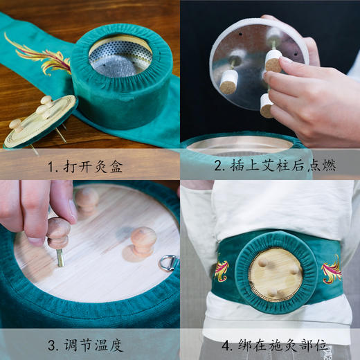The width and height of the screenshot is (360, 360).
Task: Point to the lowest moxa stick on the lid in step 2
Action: (266, 105)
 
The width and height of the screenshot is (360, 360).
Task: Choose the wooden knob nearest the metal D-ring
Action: (143, 240)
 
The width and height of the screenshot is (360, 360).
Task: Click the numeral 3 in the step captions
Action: (53, 343)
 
